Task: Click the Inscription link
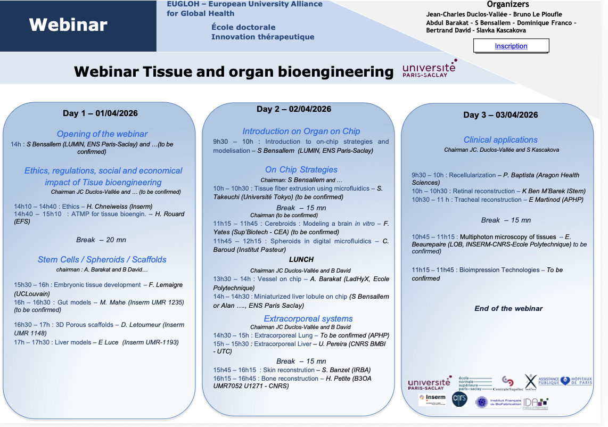(x=511, y=46)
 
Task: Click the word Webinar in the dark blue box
(x=68, y=24)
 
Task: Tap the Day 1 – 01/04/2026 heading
(x=101, y=113)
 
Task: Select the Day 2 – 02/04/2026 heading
(x=294, y=109)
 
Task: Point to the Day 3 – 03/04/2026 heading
(x=500, y=115)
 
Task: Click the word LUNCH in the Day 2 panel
(x=301, y=260)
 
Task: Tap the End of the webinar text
(x=508, y=308)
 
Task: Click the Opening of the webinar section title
(x=102, y=134)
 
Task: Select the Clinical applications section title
(x=500, y=140)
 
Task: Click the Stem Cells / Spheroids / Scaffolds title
(x=102, y=260)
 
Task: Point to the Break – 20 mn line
(x=102, y=240)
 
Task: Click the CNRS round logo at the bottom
(x=459, y=400)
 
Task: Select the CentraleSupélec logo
(x=508, y=383)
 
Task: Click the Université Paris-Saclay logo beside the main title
(x=429, y=69)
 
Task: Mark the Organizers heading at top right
(x=500, y=4)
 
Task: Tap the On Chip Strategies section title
(x=301, y=170)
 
